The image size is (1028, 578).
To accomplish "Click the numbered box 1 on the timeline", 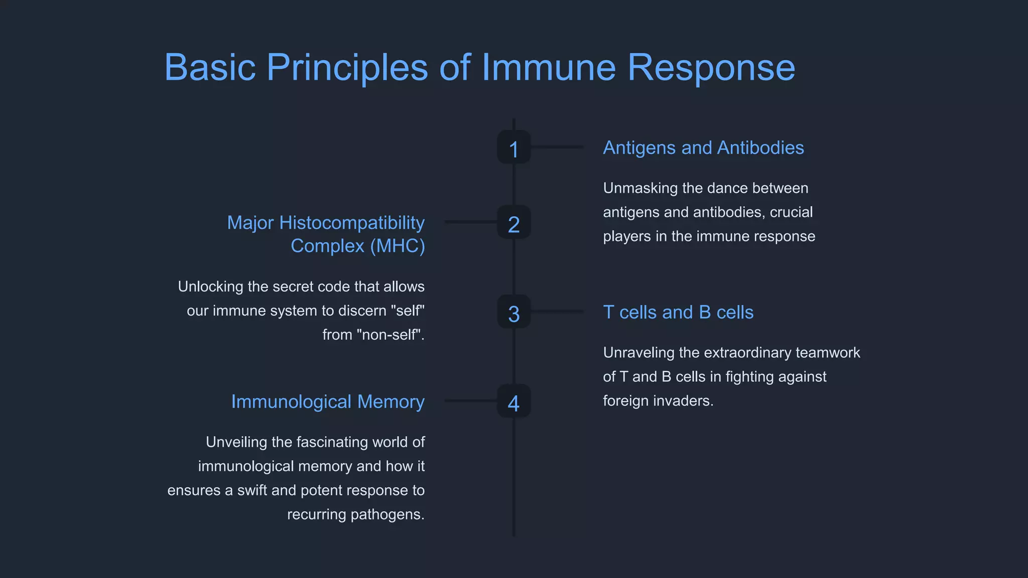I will tap(513, 148).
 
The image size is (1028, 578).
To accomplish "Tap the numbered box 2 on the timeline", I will tap(513, 222).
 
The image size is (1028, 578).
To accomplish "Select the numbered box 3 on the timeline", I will tap(513, 312).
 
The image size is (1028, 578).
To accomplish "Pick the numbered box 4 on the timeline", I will tap(513, 401).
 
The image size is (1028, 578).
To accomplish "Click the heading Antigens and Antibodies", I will tap(703, 148).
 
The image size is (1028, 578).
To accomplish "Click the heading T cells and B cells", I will tap(678, 313).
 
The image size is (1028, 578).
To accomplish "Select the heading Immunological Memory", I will tap(328, 402).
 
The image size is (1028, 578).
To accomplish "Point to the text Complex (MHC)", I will tap(358, 246).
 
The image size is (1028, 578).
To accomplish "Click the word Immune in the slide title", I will tap(548, 67).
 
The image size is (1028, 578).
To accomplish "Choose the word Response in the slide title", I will tap(711, 68).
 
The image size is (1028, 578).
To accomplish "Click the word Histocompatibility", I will tap(351, 223).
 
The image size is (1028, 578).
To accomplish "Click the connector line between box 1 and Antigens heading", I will tap(557, 147).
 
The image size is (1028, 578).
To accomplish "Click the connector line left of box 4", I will tap(470, 400).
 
